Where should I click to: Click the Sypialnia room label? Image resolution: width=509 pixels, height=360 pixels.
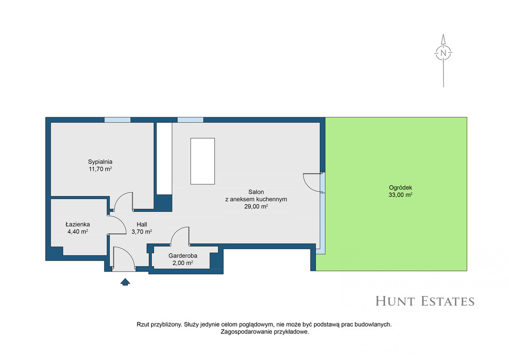(100, 162)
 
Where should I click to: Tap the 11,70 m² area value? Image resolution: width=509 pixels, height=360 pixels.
(100, 169)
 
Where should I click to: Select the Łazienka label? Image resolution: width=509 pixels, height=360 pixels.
(78, 224)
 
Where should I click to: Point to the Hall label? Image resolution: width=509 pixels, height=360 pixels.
(142, 224)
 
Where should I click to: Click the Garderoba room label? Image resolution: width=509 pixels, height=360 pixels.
(183, 256)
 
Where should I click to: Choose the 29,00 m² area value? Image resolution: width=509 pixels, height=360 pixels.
(256, 206)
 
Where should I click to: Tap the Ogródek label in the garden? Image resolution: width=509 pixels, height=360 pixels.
(401, 187)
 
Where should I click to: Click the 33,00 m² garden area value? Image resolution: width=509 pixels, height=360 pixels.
(401, 195)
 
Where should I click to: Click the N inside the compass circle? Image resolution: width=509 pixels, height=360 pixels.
(443, 53)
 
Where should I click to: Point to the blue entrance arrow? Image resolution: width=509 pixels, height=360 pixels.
(125, 282)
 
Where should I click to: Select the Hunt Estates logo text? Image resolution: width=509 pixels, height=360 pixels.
(425, 301)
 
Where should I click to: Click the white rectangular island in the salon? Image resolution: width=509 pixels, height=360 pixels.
(203, 161)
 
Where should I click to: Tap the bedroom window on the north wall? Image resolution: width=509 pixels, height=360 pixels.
(117, 120)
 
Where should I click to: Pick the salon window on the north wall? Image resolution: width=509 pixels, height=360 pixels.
(190, 120)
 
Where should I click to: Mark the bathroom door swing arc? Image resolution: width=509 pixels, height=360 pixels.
(122, 221)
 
